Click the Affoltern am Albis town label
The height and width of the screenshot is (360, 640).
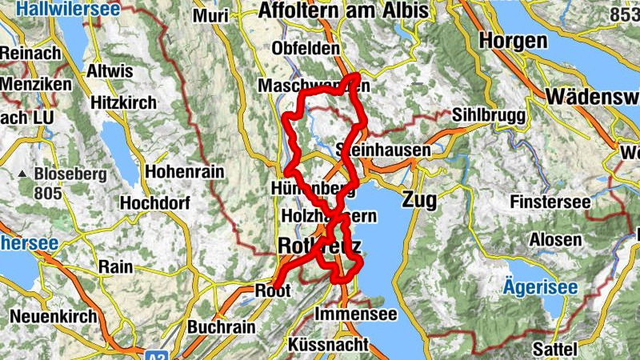[x=344, y=11]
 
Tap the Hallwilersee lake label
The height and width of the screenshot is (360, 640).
[x=68, y=10]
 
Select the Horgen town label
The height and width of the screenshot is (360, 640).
[x=514, y=41]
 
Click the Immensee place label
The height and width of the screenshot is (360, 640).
[x=357, y=314]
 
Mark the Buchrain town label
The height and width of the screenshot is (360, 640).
[x=222, y=327]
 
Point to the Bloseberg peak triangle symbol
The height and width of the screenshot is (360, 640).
[x=24, y=174]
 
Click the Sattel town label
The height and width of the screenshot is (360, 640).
[x=554, y=349]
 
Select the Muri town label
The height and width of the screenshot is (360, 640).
[x=210, y=16]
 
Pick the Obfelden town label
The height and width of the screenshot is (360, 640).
[x=306, y=49]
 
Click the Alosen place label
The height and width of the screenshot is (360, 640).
[x=556, y=240]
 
